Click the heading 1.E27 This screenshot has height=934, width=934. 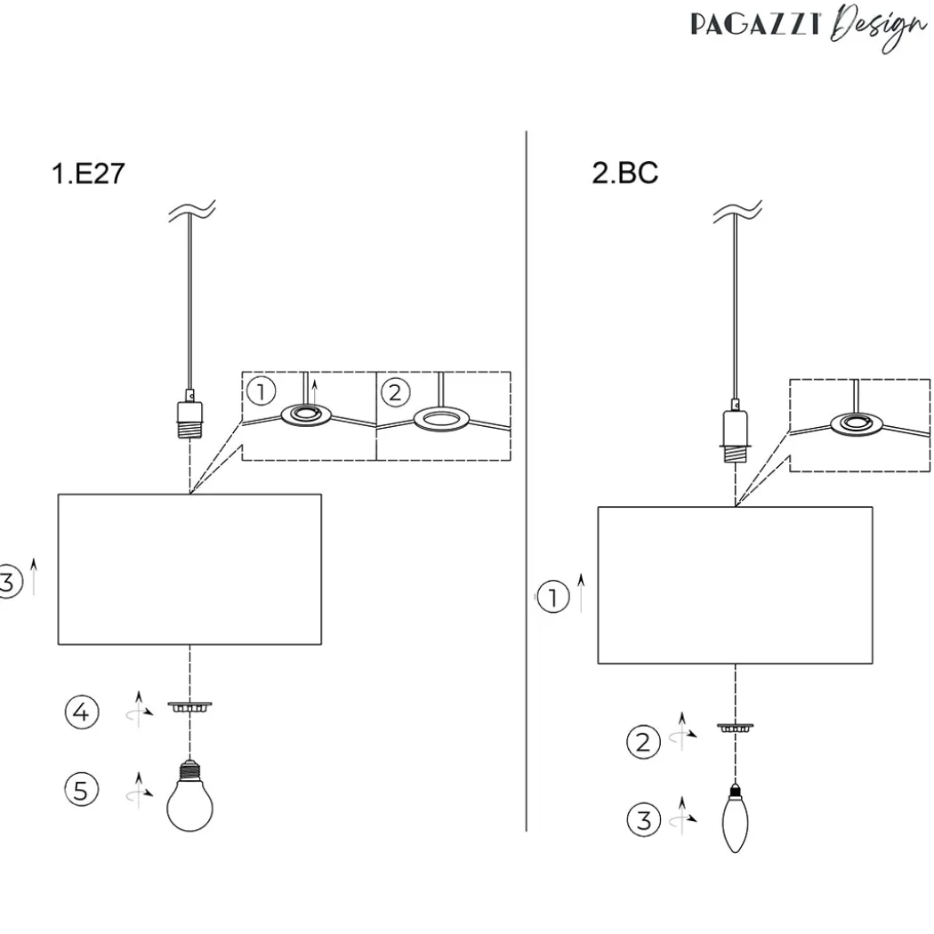click(88, 173)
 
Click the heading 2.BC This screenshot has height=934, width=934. click(624, 173)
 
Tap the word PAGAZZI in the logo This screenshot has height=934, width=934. click(756, 25)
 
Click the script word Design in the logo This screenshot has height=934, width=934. click(879, 28)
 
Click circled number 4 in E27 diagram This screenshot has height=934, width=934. click(82, 712)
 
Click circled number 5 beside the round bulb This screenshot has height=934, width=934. click(81, 790)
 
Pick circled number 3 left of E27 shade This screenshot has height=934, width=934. click(7, 582)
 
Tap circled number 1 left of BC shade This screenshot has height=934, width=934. click(553, 597)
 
